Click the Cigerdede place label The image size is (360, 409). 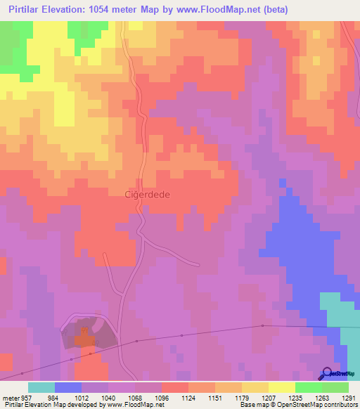point(148,195)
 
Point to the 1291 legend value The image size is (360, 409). point(348,398)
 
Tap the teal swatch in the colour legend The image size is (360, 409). point(41,387)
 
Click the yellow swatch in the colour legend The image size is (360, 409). point(282,387)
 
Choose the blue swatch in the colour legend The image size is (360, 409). point(68,387)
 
